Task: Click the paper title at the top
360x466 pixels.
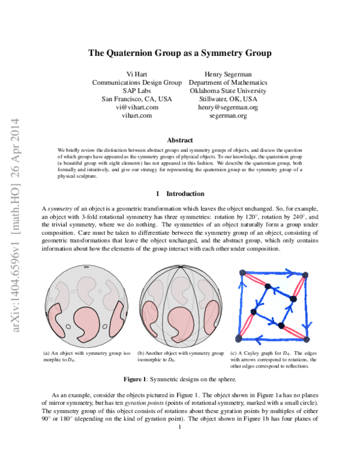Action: pos(180,53)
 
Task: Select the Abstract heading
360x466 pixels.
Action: pos(180,140)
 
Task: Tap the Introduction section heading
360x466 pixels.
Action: pos(180,194)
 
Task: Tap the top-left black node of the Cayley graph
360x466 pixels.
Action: pos(242,273)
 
